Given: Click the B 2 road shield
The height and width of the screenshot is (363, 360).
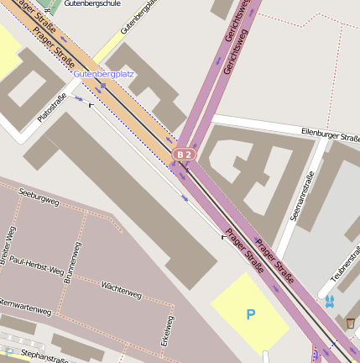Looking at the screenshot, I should click(185, 155).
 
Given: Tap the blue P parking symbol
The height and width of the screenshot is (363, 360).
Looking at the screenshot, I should click(249, 315).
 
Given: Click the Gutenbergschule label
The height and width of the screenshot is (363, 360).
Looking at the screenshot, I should click(93, 3).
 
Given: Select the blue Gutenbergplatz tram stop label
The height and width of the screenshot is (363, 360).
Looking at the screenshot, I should click(104, 74).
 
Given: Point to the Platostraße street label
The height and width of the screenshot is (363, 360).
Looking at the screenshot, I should click(52, 108).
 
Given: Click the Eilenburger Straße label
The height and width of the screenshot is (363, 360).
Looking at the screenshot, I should click(330, 134).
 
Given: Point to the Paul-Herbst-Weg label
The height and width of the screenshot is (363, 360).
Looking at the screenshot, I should click(36, 266).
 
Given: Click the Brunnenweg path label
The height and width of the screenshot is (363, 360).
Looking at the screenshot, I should click(72, 263).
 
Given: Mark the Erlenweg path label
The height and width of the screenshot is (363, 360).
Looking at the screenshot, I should click(168, 331).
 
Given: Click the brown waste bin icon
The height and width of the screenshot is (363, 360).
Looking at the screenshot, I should click(350, 323).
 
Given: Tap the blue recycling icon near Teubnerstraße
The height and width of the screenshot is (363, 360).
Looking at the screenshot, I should click(329, 300).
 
